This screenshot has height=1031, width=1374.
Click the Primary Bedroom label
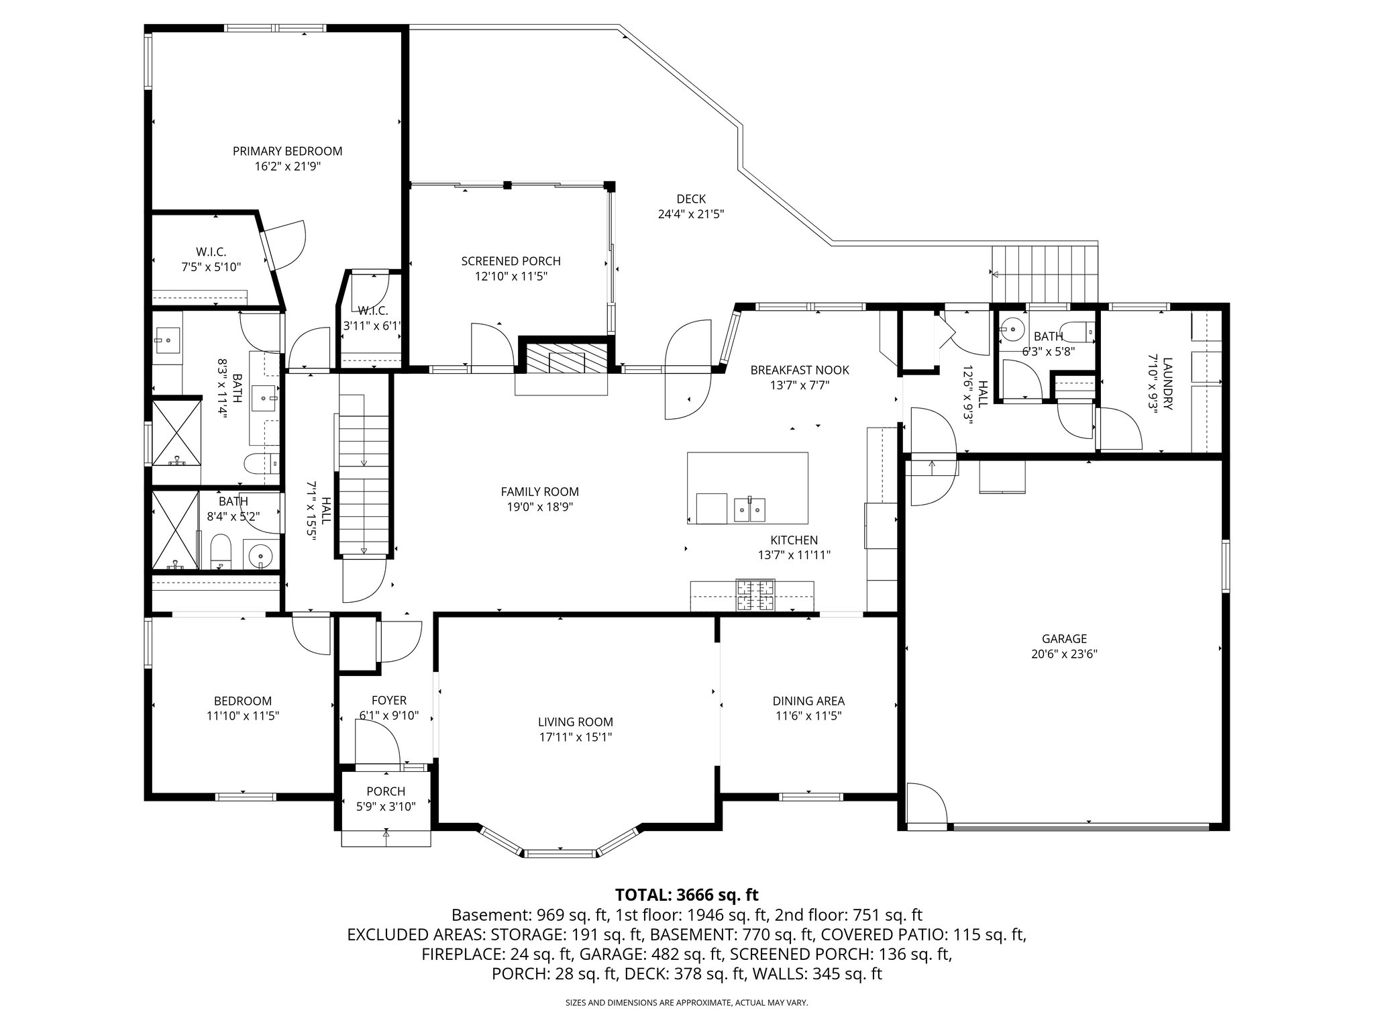pyautogui.click(x=287, y=151)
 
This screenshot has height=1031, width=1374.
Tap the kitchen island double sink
pyautogui.click(x=750, y=509)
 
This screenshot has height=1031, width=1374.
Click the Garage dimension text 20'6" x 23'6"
pyautogui.click(x=1064, y=654)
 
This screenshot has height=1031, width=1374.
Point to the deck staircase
pyautogui.click(x=1045, y=273)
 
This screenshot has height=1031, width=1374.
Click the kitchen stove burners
pyautogui.click(x=755, y=595)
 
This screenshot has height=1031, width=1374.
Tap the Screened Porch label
pyautogui.click(x=511, y=261)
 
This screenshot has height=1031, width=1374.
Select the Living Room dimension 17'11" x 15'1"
pyautogui.click(x=575, y=737)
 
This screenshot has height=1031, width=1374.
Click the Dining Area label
pyautogui.click(x=808, y=701)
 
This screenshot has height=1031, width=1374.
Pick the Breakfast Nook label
pyautogui.click(x=799, y=370)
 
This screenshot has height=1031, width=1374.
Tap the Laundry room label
pyautogui.click(x=1167, y=374)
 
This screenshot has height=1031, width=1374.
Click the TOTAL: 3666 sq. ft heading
pyautogui.click(x=686, y=895)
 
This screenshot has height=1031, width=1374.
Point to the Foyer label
pyautogui.click(x=388, y=700)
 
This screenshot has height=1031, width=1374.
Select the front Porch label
pyautogui.click(x=386, y=791)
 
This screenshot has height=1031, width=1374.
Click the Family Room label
pyautogui.click(x=539, y=491)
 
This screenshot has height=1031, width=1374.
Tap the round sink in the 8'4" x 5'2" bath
pyautogui.click(x=260, y=556)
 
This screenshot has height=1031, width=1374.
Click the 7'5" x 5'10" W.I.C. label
pyautogui.click(x=211, y=252)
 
